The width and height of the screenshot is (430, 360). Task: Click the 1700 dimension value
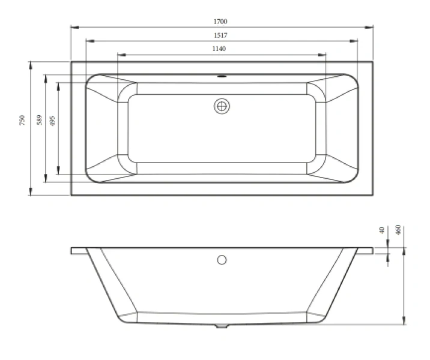click(222, 22)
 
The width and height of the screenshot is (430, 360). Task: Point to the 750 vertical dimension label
click(22, 120)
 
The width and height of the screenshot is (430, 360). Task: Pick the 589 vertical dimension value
click(39, 120)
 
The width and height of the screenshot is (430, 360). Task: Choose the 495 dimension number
click(52, 120)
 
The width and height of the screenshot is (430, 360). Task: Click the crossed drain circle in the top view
click(222, 106)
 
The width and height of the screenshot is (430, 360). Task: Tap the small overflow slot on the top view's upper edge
click(222, 77)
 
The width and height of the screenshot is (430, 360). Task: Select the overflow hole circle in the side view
click(222, 260)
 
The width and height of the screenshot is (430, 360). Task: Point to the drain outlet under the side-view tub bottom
click(222, 328)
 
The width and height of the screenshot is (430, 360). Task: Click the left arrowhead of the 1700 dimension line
click(73, 27)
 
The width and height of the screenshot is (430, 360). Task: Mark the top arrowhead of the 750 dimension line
click(30, 63)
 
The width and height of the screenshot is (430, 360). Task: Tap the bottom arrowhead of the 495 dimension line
click(58, 172)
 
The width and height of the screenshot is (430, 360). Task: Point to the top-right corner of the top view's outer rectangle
click(373, 61)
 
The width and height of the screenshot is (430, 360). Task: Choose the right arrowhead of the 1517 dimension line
click(356, 40)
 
